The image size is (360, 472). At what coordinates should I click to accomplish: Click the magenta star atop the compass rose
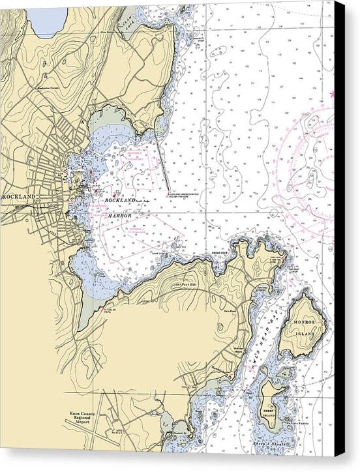point(334,95)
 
